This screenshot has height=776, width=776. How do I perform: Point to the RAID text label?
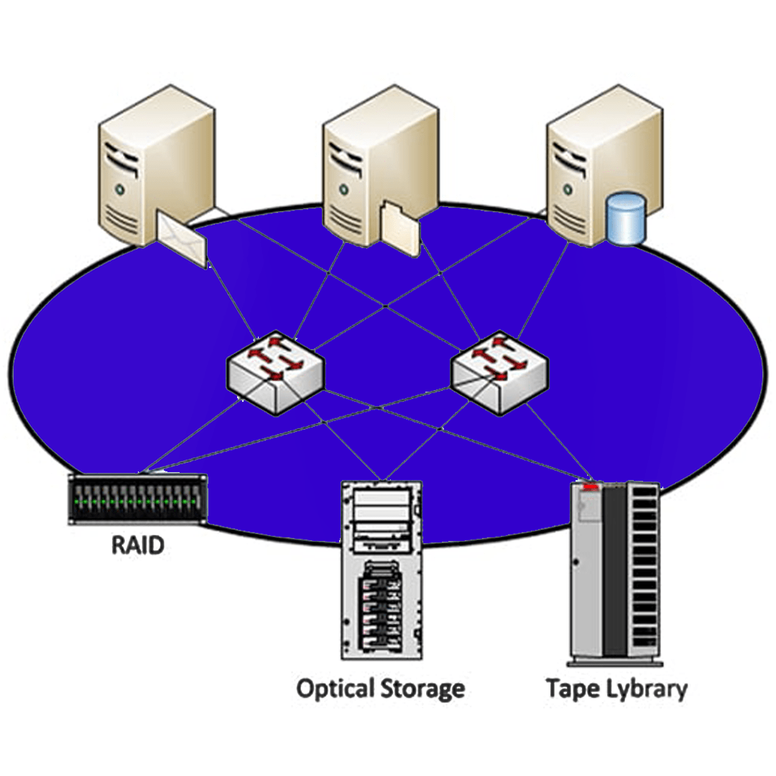click(x=137, y=544)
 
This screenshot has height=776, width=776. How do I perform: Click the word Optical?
click(x=336, y=688)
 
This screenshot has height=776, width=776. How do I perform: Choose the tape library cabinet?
click(x=614, y=571)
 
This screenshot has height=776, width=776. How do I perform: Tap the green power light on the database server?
click(x=564, y=189)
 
